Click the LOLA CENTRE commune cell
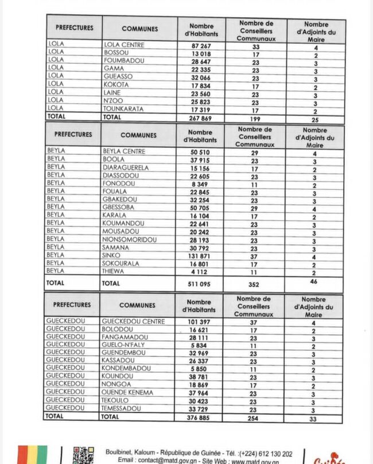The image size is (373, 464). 124,45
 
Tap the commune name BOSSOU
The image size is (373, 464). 116,53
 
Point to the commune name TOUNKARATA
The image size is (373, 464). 124,108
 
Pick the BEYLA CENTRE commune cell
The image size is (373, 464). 124,151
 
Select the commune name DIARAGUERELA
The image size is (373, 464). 126,167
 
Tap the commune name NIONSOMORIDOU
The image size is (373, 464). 130,240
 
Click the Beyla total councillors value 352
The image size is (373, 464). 254,284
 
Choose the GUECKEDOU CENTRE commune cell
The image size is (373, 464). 133,322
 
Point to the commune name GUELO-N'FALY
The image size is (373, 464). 124,345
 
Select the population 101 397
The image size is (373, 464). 199,322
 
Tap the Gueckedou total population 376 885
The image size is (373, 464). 199,418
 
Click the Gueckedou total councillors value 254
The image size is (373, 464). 253,418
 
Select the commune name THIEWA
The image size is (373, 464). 114,272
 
